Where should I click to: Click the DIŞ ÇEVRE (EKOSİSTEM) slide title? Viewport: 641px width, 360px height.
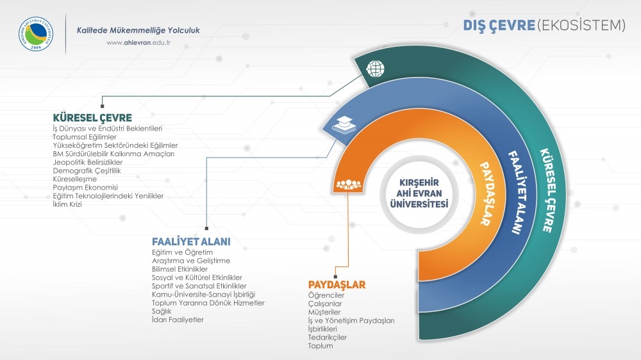[544, 25]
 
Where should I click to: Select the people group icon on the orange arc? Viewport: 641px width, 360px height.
[348, 184]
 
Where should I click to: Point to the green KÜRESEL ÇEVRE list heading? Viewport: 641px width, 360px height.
[92, 118]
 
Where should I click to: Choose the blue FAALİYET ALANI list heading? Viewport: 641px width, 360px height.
[191, 242]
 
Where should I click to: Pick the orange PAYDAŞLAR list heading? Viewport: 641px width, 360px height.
[337, 284]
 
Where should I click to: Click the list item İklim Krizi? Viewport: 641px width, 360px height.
[67, 204]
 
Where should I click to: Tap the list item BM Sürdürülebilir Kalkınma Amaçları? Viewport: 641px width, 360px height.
[113, 154]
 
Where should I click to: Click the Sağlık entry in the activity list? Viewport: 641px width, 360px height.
[162, 311]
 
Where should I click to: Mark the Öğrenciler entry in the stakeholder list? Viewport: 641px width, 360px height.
[326, 295]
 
